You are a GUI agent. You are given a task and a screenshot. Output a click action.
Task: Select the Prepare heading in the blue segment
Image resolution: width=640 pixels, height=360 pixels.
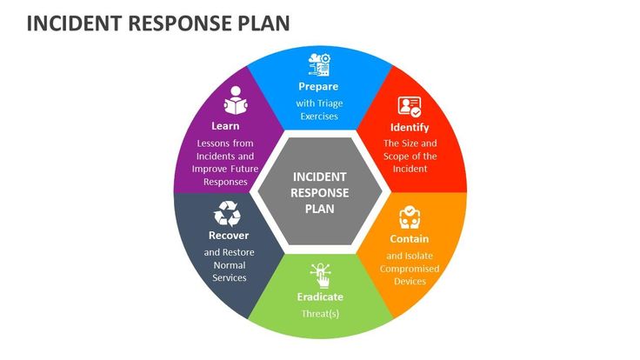[x=318, y=87]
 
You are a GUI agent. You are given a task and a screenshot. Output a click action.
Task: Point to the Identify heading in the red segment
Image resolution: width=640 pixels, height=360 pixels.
[x=409, y=128]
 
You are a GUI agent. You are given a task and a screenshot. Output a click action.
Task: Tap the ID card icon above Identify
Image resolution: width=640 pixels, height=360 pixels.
[x=409, y=107]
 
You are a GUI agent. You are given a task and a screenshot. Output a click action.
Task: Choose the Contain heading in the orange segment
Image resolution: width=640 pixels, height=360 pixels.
[x=409, y=238]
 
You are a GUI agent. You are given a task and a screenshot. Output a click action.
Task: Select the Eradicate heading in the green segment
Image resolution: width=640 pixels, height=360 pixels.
[x=320, y=297]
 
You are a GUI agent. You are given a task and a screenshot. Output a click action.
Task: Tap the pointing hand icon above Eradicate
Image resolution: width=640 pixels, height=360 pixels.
[x=320, y=275]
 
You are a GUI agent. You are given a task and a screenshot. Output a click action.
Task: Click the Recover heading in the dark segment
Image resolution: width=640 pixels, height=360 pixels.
[x=229, y=235]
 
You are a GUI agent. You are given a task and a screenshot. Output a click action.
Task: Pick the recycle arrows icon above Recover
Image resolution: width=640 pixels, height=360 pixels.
[x=229, y=213]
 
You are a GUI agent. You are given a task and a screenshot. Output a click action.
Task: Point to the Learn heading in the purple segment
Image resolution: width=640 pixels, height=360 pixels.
[x=226, y=125]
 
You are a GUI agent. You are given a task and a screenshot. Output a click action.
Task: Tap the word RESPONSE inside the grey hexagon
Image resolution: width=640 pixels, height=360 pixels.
[x=320, y=192]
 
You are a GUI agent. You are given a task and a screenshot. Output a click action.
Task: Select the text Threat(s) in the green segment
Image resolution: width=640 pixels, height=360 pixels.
[x=320, y=313]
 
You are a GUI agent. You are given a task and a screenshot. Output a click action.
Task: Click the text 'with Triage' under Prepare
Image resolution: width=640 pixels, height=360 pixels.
[x=318, y=103]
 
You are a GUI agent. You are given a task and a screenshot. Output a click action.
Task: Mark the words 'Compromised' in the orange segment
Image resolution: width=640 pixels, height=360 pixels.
[x=409, y=269]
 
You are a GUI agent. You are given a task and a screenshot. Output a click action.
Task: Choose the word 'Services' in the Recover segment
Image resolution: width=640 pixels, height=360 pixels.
[x=230, y=277]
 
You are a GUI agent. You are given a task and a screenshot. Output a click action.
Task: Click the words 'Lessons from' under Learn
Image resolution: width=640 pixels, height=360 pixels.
[x=225, y=143]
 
